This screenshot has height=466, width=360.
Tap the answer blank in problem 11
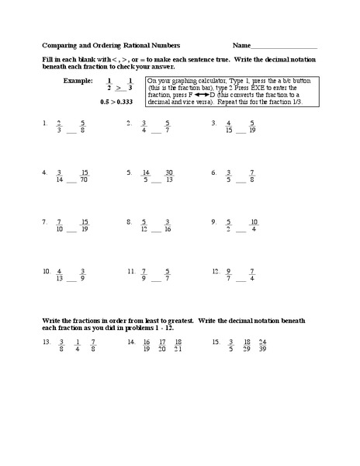tap(155, 280)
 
